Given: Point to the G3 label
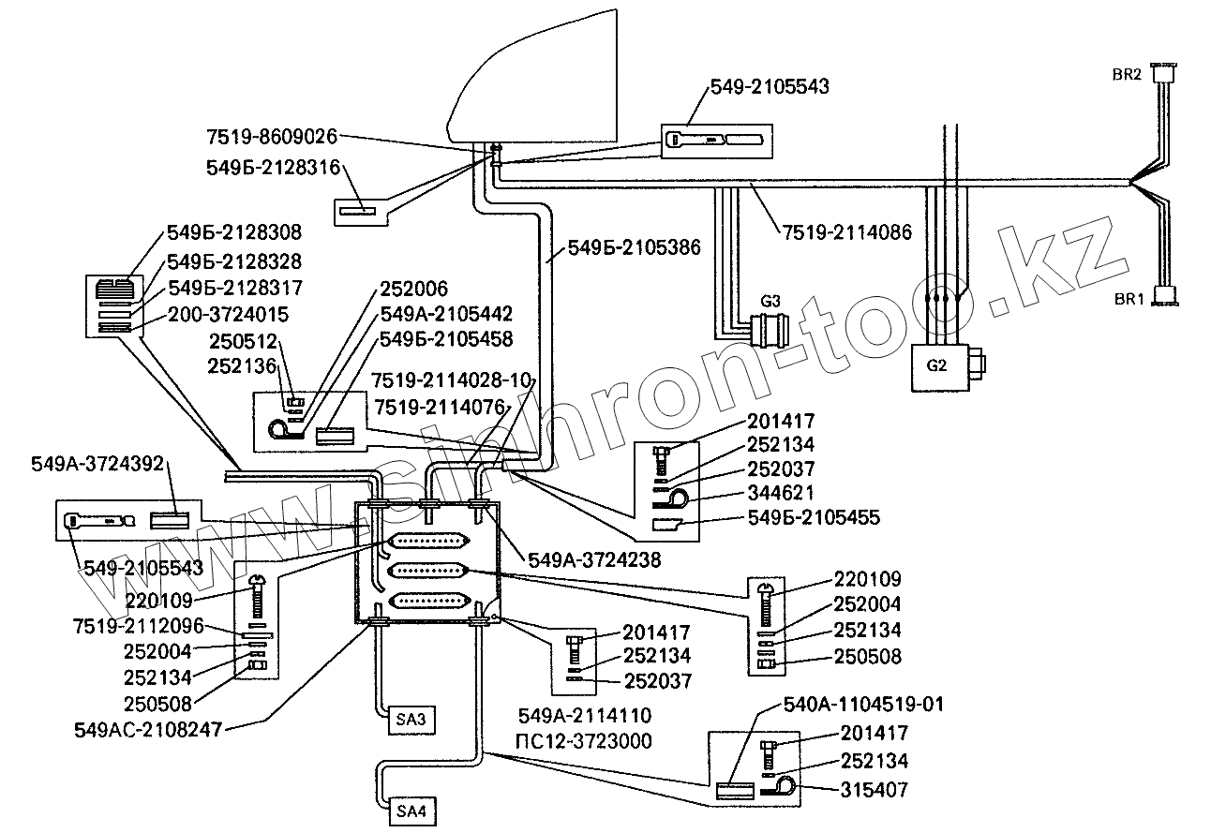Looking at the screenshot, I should coord(770,302).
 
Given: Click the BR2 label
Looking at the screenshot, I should coord(1126,75).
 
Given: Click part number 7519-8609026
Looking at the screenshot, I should coord(272,137).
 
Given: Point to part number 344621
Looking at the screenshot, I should coord(780,492).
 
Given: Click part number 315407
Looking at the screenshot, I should coord(874,790).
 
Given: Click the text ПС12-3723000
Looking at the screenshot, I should coord(584,742).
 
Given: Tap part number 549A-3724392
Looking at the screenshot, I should coord(97,463).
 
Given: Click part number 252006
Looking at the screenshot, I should coord(413,289).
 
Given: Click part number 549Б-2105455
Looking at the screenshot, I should coord(814,516).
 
